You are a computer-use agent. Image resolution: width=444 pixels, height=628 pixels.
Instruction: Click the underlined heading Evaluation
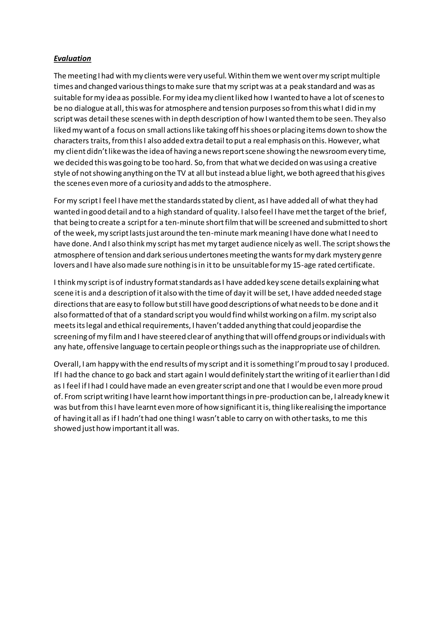[72, 59]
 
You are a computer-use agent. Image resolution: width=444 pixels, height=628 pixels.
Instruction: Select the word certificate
[356, 265]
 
